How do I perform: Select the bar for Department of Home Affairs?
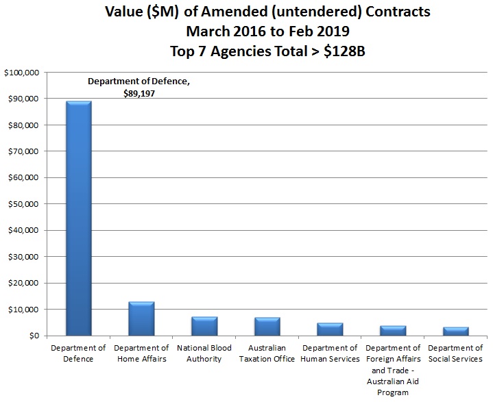coord(141,318)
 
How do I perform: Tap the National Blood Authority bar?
coord(204,326)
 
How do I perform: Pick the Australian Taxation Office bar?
coord(267,327)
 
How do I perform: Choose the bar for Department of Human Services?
coord(330,329)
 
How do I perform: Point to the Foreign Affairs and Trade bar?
coord(393,331)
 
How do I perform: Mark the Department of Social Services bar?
coord(455,331)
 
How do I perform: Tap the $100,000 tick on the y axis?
coord(22,73)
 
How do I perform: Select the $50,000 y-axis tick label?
coord(24,204)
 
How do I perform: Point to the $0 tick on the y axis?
coord(34,336)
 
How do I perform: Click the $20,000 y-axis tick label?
coord(24,283)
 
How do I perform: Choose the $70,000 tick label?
coord(24,151)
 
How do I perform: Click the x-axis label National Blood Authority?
coord(204,353)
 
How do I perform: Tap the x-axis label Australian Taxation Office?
coord(267,353)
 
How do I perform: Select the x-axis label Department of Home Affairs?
coord(141,353)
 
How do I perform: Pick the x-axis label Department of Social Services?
coord(455,353)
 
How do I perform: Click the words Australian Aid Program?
coord(393,387)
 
